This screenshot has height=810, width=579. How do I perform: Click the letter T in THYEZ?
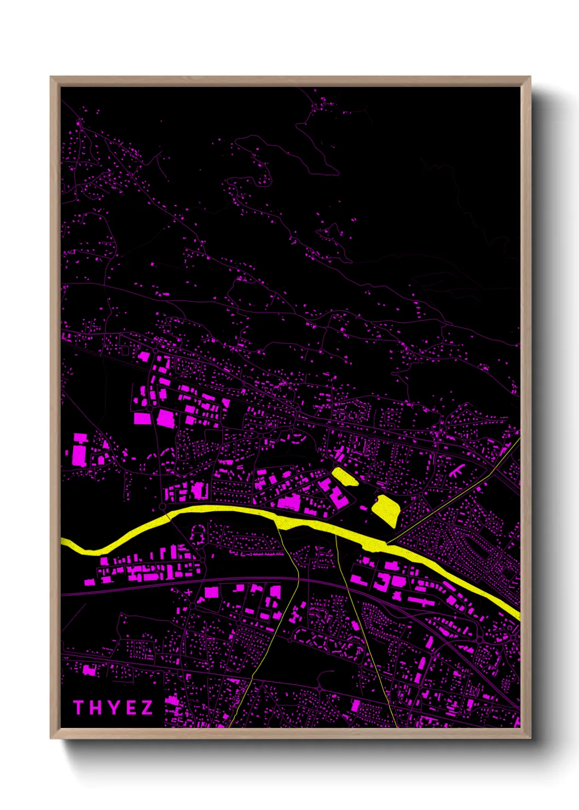[78, 708]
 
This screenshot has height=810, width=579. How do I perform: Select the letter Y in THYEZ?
[112, 708]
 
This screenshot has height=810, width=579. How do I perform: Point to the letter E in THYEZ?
[129, 708]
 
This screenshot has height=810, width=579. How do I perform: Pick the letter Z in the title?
[147, 708]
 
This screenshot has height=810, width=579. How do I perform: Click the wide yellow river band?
[230, 512]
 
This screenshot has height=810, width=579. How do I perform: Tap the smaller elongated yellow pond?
[345, 477]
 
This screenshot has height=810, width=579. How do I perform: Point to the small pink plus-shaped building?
[189, 592]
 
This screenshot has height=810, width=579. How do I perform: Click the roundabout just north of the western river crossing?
[163, 508]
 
